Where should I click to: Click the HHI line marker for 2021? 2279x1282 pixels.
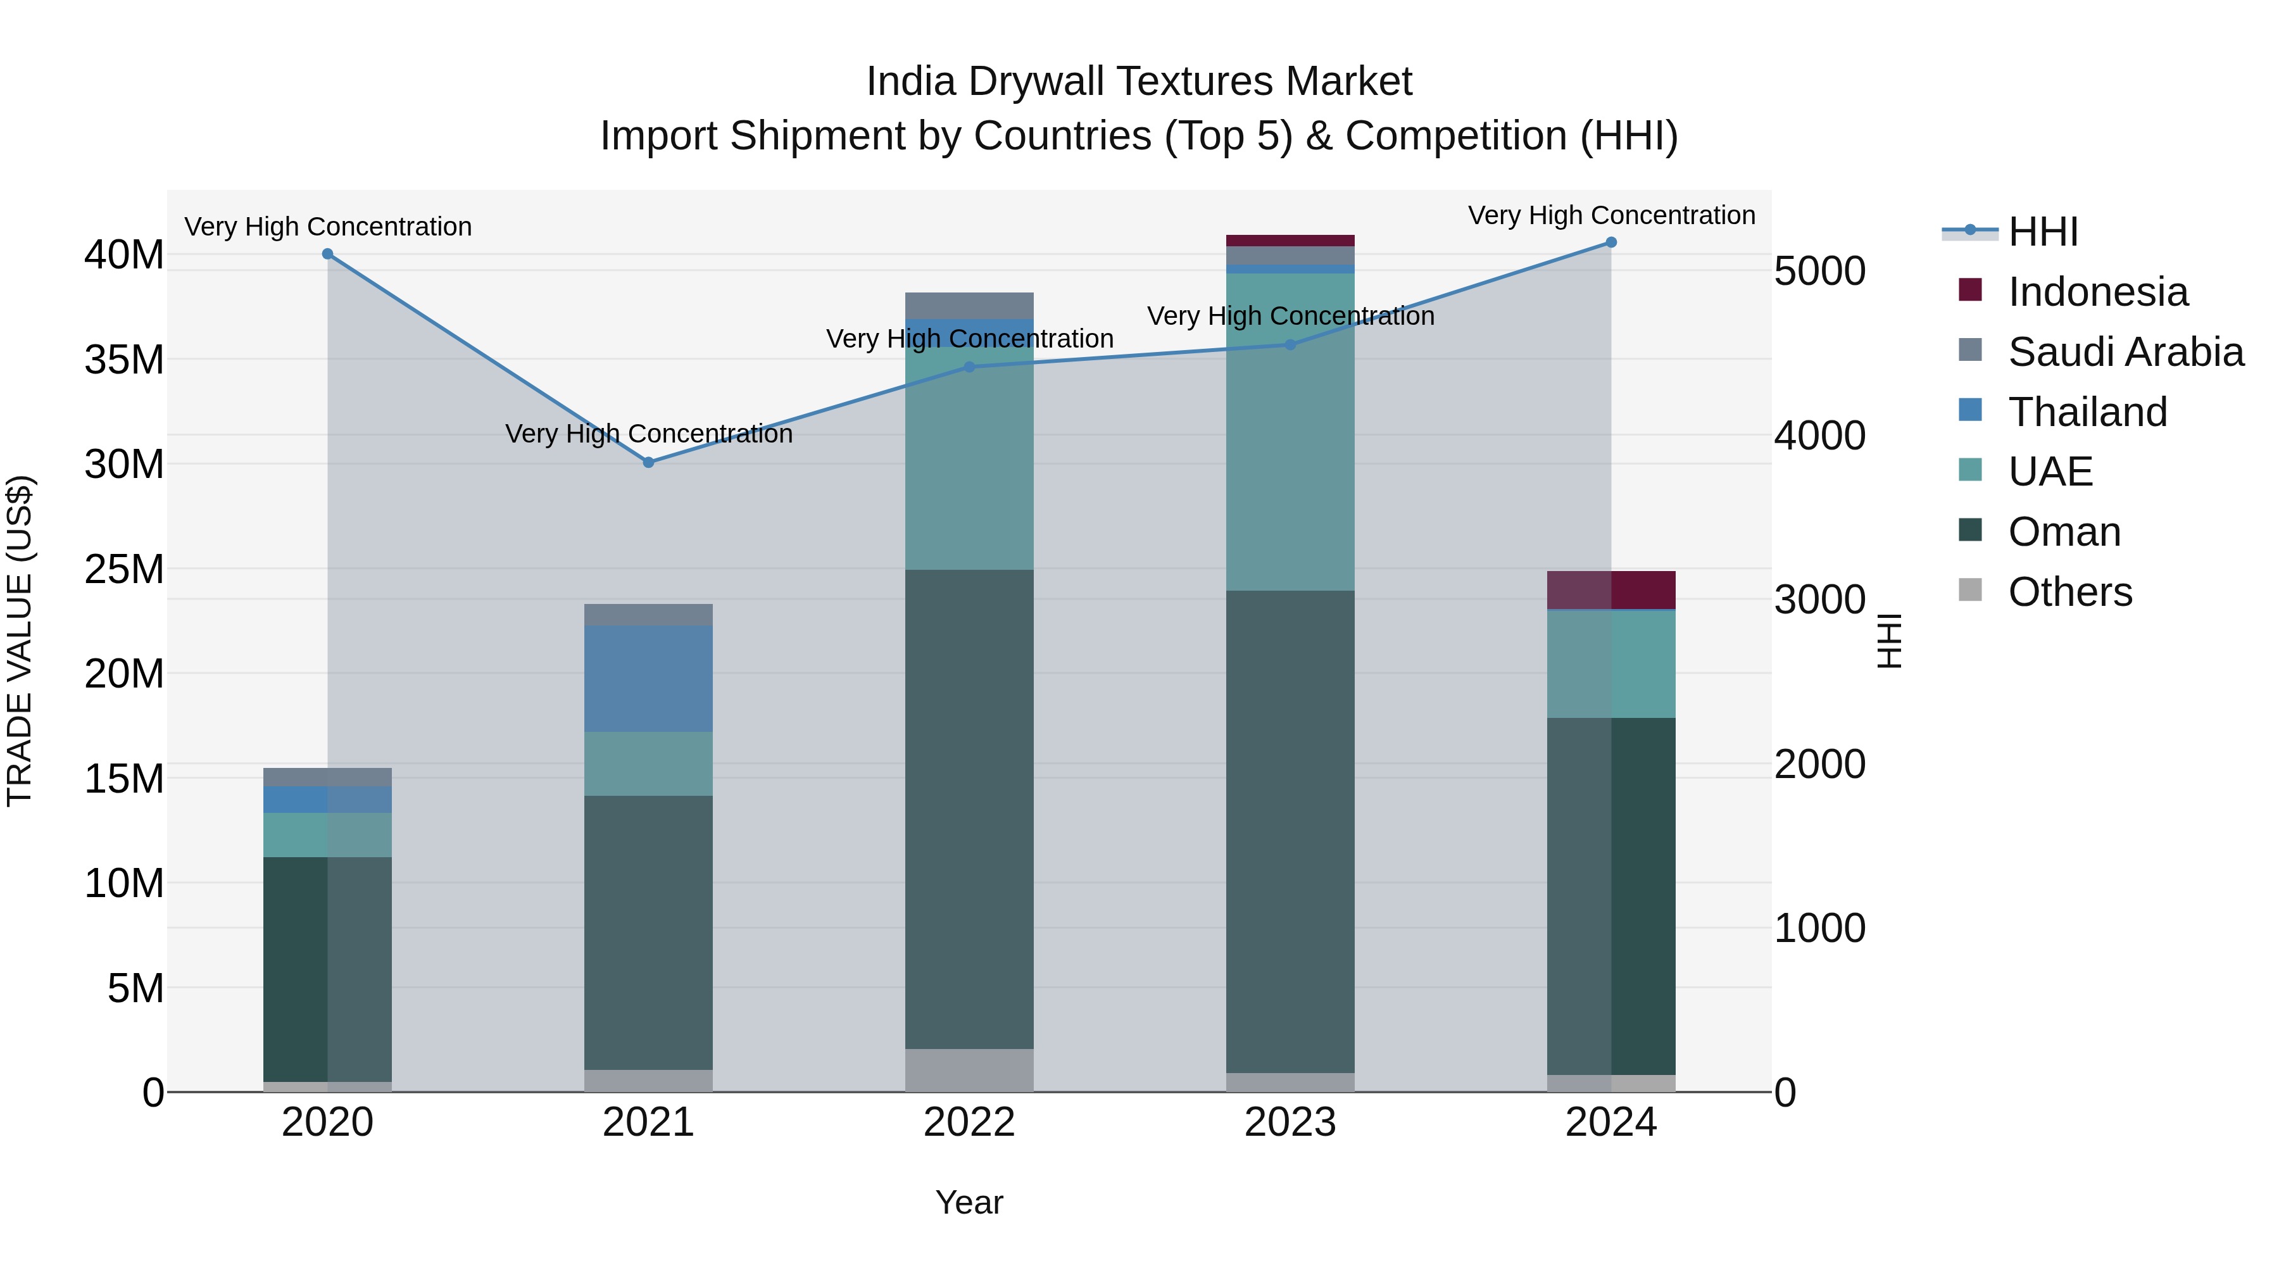pyautogui.click(x=648, y=463)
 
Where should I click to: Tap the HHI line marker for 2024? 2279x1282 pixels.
pyautogui.click(x=1611, y=242)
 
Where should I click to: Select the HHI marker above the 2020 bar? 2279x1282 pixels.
pyautogui.click(x=327, y=254)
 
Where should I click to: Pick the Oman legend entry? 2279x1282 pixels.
pyautogui.click(x=2064, y=532)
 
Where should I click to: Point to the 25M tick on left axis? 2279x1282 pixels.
pyautogui.click(x=124, y=569)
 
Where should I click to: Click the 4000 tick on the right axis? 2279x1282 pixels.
pyautogui.click(x=1820, y=436)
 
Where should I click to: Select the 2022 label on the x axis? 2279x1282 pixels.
pyautogui.click(x=969, y=1122)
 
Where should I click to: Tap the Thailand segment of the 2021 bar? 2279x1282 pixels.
pyautogui.click(x=648, y=679)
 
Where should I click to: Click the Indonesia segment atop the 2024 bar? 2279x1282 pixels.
pyautogui.click(x=1611, y=590)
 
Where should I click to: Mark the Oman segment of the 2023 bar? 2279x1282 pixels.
pyautogui.click(x=1290, y=832)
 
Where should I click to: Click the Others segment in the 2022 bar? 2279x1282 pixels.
pyautogui.click(x=969, y=1070)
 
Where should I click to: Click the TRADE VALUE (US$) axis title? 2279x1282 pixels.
pyautogui.click(x=20, y=641)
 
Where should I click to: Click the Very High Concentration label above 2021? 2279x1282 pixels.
pyautogui.click(x=648, y=434)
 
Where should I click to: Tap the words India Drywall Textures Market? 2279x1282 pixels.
pyautogui.click(x=1139, y=82)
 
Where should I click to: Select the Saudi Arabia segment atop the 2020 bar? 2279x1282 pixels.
pyautogui.click(x=327, y=777)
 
